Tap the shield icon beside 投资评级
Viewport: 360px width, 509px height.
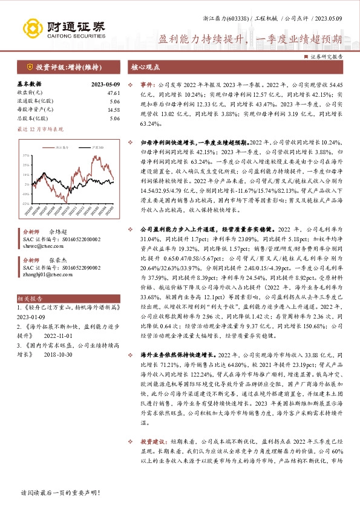[x=29, y=67]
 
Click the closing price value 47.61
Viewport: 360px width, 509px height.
[x=114, y=93]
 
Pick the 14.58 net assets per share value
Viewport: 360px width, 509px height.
[x=114, y=110]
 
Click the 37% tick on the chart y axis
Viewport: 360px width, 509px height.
[x=26, y=156]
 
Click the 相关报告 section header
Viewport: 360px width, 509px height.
[x=30, y=299]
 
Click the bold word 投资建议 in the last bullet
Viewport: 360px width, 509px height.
[x=154, y=475]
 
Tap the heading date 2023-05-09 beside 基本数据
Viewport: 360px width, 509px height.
[x=106, y=85]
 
